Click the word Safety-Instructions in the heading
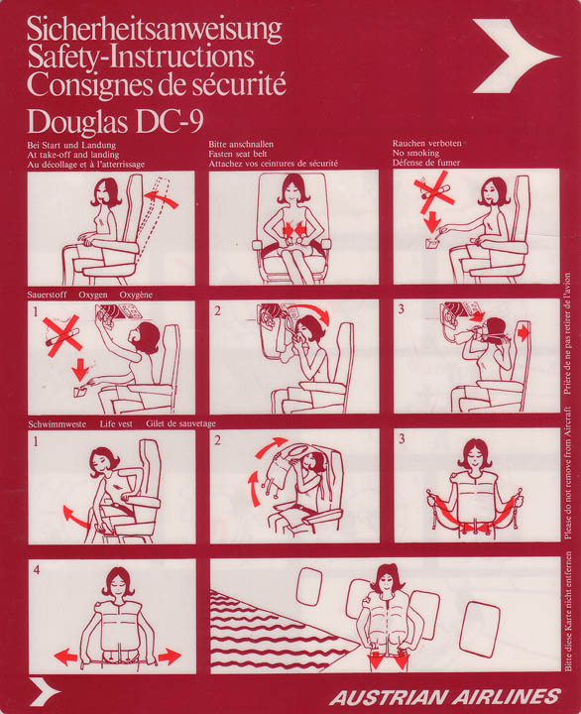click(140, 57)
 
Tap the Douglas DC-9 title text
click(119, 121)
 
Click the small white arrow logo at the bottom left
click(44, 691)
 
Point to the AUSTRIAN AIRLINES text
click(445, 696)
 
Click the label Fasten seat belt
click(246, 154)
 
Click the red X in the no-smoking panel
click(433, 189)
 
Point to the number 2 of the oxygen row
click(217, 309)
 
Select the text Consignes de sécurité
click(157, 84)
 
